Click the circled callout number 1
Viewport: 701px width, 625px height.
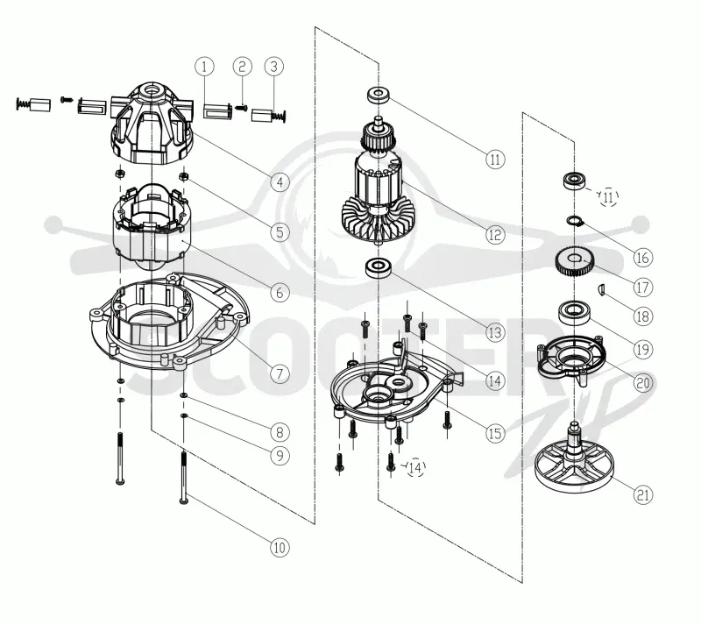[x=204, y=67]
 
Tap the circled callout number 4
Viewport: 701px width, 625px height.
[x=280, y=182]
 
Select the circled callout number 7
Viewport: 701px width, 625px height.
[x=280, y=373]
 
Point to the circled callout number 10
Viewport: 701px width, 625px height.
[x=280, y=547]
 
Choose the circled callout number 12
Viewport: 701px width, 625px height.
[x=495, y=234]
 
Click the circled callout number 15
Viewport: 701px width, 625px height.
[x=495, y=433]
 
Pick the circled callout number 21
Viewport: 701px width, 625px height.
[x=643, y=494]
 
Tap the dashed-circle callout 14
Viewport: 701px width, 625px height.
[x=415, y=468]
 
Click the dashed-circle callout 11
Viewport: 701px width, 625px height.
[x=608, y=197]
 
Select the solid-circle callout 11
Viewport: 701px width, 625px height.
[x=495, y=160]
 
